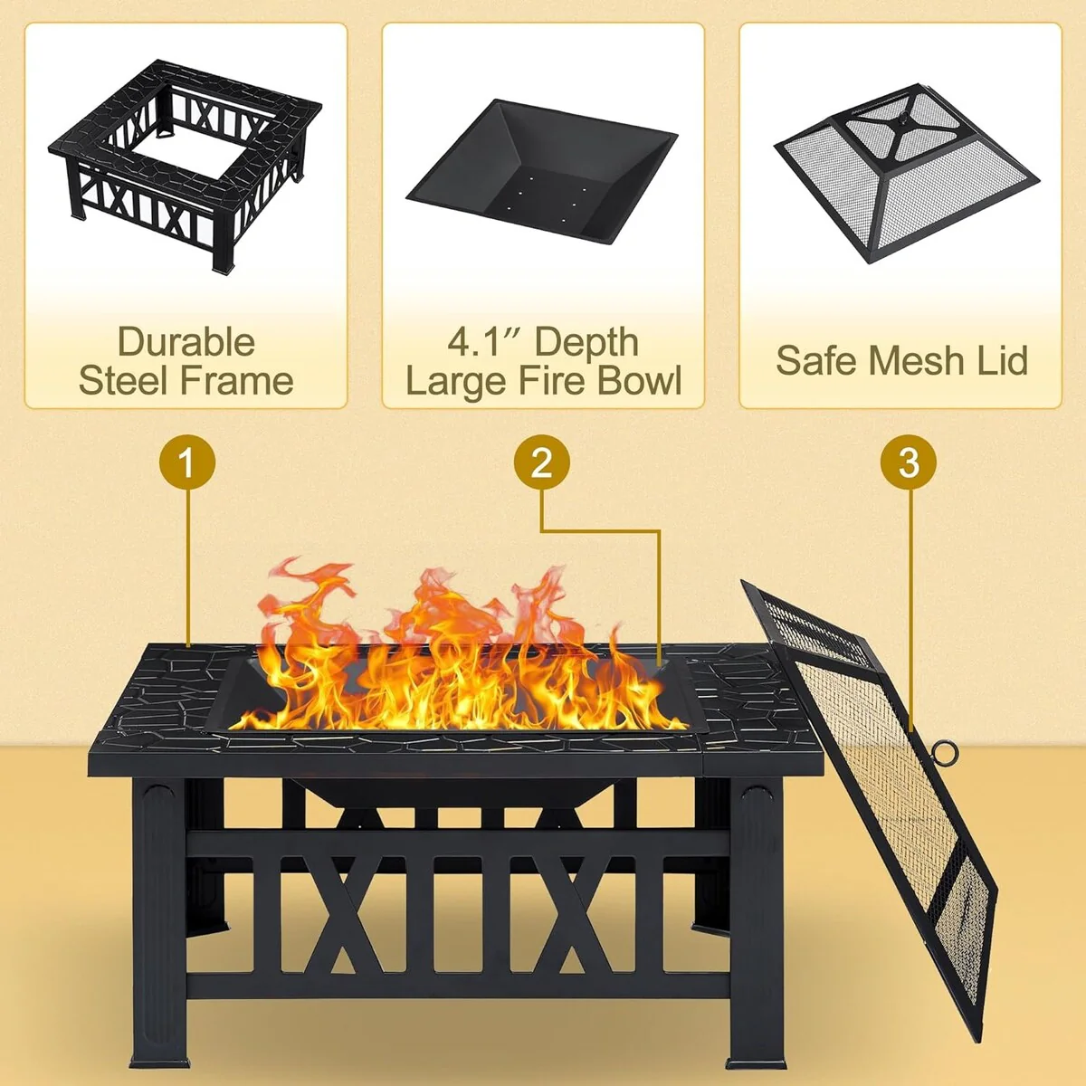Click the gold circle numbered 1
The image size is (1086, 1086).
187,463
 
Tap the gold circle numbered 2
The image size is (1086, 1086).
541,463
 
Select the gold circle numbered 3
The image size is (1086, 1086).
908,463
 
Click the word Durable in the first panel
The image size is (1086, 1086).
186,342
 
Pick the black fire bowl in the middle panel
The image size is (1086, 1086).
541,172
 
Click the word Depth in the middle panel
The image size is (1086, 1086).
586,343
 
